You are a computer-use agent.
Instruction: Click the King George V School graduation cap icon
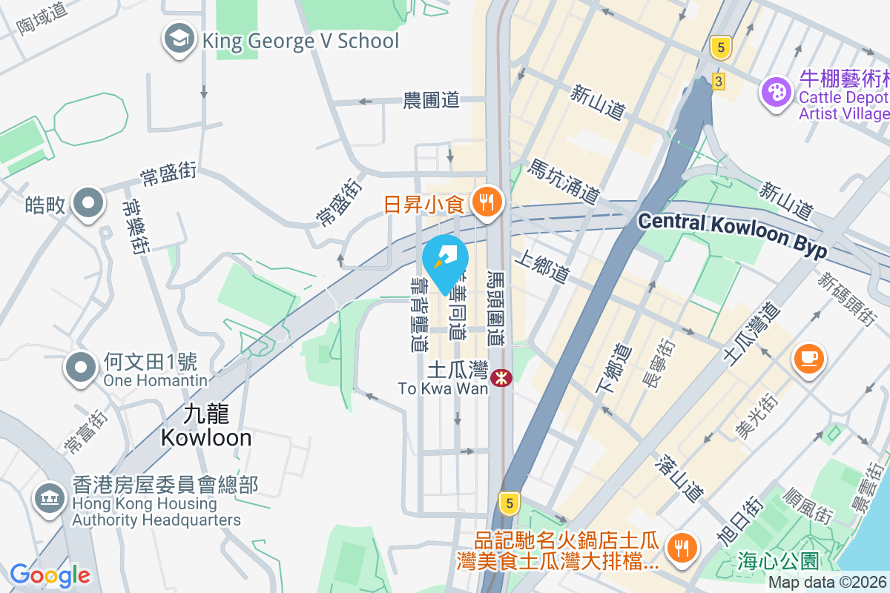click(179, 40)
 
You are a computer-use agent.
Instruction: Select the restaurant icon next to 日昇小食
click(487, 202)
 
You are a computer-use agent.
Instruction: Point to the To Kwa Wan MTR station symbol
click(502, 377)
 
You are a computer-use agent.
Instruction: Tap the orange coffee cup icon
click(808, 359)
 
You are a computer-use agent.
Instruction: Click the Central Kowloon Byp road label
click(732, 235)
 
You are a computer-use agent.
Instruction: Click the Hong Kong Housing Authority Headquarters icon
click(50, 498)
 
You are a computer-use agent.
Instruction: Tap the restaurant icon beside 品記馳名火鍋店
click(679, 549)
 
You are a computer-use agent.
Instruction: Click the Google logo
click(50, 575)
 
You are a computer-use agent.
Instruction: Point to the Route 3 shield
click(717, 82)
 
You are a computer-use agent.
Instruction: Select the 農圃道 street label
click(431, 100)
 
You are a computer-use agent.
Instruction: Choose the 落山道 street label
click(679, 478)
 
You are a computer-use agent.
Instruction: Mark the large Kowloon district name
click(206, 425)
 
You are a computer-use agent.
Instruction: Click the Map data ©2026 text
click(828, 583)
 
